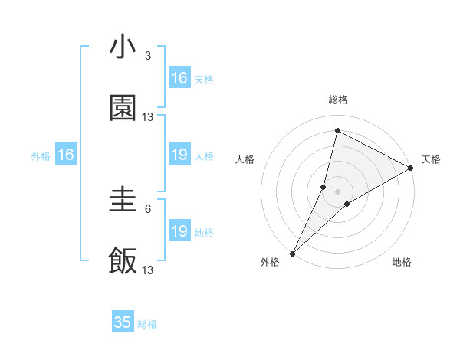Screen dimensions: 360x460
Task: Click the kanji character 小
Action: click(x=123, y=47)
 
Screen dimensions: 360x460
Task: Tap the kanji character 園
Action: click(x=123, y=109)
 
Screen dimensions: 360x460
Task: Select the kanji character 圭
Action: click(x=123, y=201)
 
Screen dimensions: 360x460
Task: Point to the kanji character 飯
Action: click(x=123, y=260)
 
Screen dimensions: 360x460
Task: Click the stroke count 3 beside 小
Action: click(x=148, y=56)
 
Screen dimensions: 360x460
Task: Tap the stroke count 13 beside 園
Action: click(x=148, y=117)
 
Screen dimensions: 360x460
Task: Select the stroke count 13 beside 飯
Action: click(x=148, y=270)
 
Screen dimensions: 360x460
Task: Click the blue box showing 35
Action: click(x=123, y=322)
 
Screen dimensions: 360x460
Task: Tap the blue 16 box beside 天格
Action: click(x=179, y=78)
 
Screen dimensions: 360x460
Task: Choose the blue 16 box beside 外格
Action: click(x=66, y=155)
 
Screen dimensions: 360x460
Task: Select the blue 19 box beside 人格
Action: click(x=179, y=155)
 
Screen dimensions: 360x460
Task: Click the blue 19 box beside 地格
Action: click(x=179, y=231)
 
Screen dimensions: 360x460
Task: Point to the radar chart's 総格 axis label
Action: click(x=338, y=100)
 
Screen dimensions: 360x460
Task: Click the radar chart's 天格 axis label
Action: click(x=431, y=159)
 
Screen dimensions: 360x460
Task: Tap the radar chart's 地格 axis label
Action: click(x=402, y=262)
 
